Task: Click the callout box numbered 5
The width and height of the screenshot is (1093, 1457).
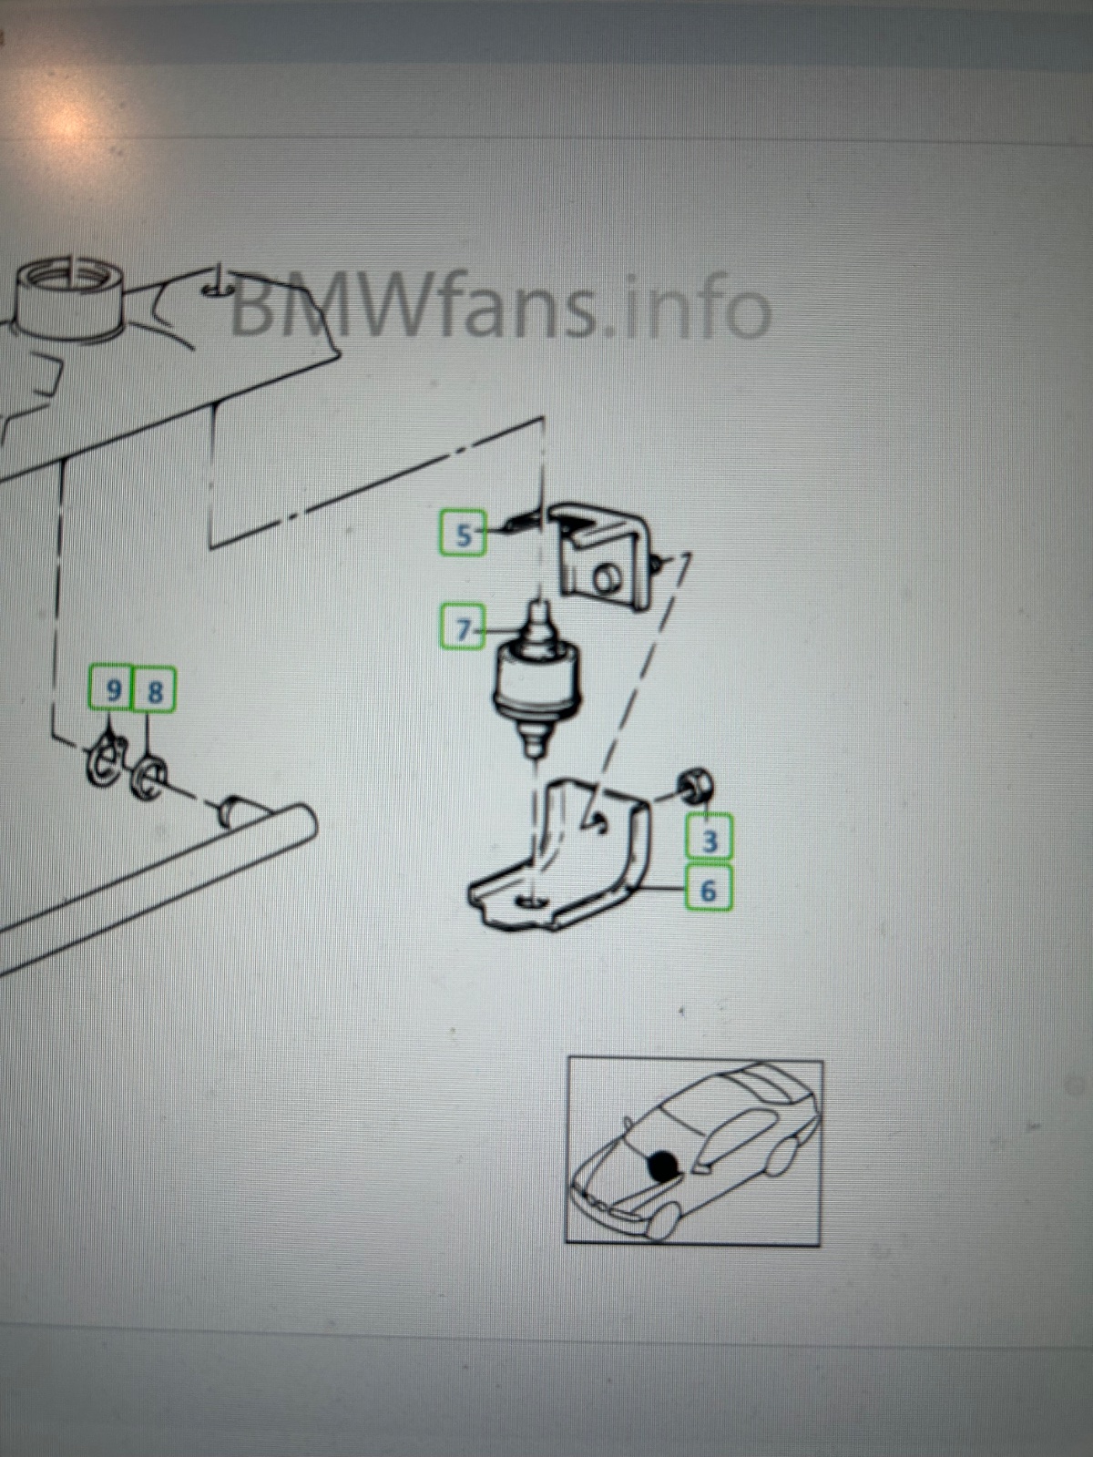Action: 463,533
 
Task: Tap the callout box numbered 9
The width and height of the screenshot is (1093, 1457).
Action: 111,688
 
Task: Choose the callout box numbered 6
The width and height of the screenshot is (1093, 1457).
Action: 709,888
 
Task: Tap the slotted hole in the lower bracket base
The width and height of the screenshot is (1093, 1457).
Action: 532,902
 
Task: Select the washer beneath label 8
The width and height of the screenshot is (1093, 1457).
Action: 149,775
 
